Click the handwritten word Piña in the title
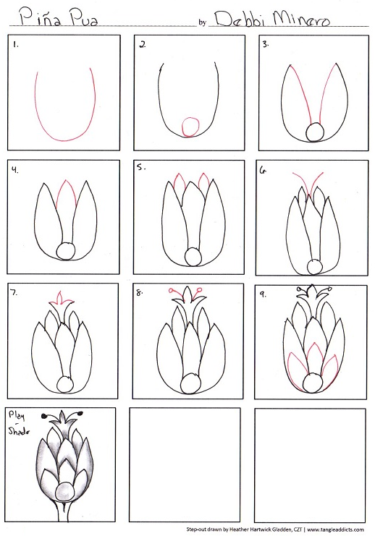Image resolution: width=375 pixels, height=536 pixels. (x=41, y=17)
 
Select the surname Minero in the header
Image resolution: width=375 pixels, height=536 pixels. (x=302, y=19)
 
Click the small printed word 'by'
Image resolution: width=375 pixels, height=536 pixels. (x=203, y=23)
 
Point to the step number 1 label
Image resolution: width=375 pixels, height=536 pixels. (x=15, y=44)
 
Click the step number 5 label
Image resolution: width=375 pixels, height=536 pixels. (x=141, y=167)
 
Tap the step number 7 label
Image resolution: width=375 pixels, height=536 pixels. (x=14, y=292)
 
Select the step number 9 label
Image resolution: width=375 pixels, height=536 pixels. (x=263, y=294)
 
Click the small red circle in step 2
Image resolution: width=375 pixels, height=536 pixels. (x=190, y=127)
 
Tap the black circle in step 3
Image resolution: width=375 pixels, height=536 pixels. (x=315, y=132)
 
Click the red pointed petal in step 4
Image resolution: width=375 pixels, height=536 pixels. (x=66, y=194)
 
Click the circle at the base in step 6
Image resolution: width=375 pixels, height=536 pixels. (x=314, y=267)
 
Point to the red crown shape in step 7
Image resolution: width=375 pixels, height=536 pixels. (x=62, y=298)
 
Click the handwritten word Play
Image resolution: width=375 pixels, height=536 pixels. (x=17, y=416)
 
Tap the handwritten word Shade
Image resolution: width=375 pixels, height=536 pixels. (x=19, y=430)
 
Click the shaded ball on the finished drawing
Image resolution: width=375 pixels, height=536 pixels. (x=64, y=492)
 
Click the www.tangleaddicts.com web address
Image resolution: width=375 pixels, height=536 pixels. (x=335, y=529)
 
